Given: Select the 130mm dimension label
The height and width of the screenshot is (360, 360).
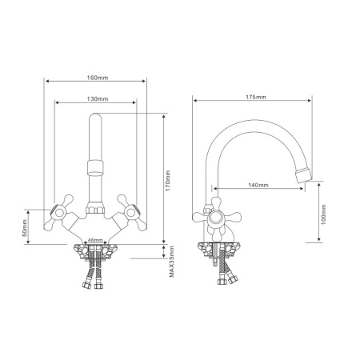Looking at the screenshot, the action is pos(98,99).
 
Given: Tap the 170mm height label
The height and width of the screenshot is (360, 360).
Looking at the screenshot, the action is pos(168,181).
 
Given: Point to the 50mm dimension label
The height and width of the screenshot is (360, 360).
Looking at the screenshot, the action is pos(24,228).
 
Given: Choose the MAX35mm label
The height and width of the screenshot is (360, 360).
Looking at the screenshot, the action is pos(172,262).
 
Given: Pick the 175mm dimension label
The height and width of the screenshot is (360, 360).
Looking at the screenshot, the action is pos(256,97).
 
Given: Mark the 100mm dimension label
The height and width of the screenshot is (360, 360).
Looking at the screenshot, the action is pos(324,214).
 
